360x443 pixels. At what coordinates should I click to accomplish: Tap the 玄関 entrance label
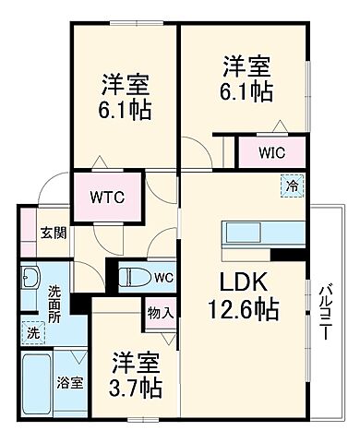52,233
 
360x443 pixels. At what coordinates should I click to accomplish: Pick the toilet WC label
162,276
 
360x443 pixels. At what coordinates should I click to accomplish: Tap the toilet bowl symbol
136,276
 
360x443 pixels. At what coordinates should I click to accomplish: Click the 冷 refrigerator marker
292,186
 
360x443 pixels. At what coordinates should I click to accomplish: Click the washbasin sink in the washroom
30,279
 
